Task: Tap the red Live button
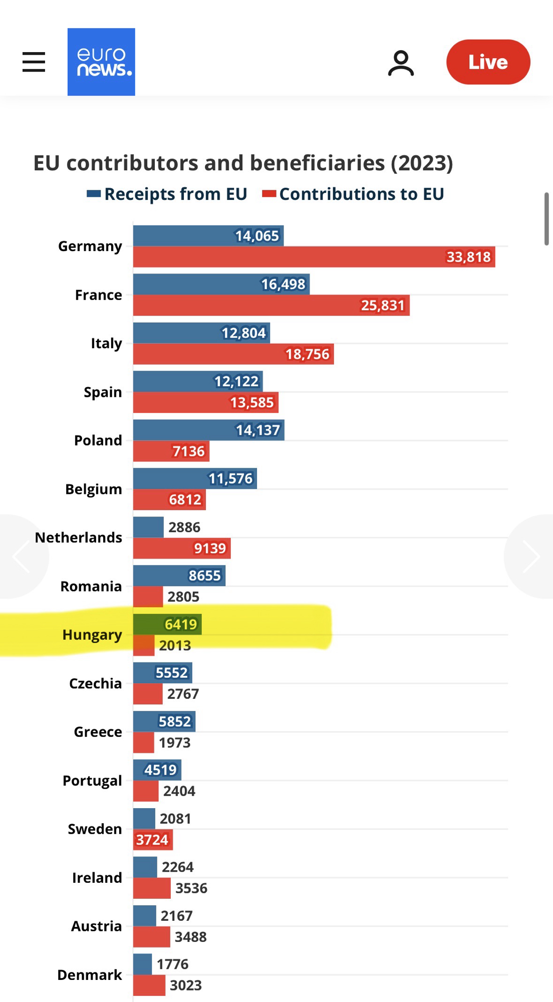tap(488, 62)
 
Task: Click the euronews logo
tap(101, 62)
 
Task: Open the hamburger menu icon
tap(34, 62)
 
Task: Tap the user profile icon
tap(401, 63)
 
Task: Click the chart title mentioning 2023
tap(243, 163)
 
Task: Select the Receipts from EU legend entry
tap(167, 194)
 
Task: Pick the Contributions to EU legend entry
tap(354, 194)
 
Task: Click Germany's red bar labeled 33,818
tap(314, 257)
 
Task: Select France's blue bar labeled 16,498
tap(221, 284)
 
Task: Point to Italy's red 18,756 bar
tap(233, 354)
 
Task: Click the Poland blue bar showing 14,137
tap(208, 430)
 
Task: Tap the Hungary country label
tap(92, 635)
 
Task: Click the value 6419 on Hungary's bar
tap(181, 624)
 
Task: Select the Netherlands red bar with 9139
tap(181, 549)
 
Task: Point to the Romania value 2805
tap(183, 597)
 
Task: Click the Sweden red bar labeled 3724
tap(153, 840)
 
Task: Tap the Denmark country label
tap(90, 975)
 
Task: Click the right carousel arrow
tap(531, 556)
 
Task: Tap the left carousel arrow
tap(21, 556)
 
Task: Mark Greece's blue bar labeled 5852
tap(164, 721)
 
